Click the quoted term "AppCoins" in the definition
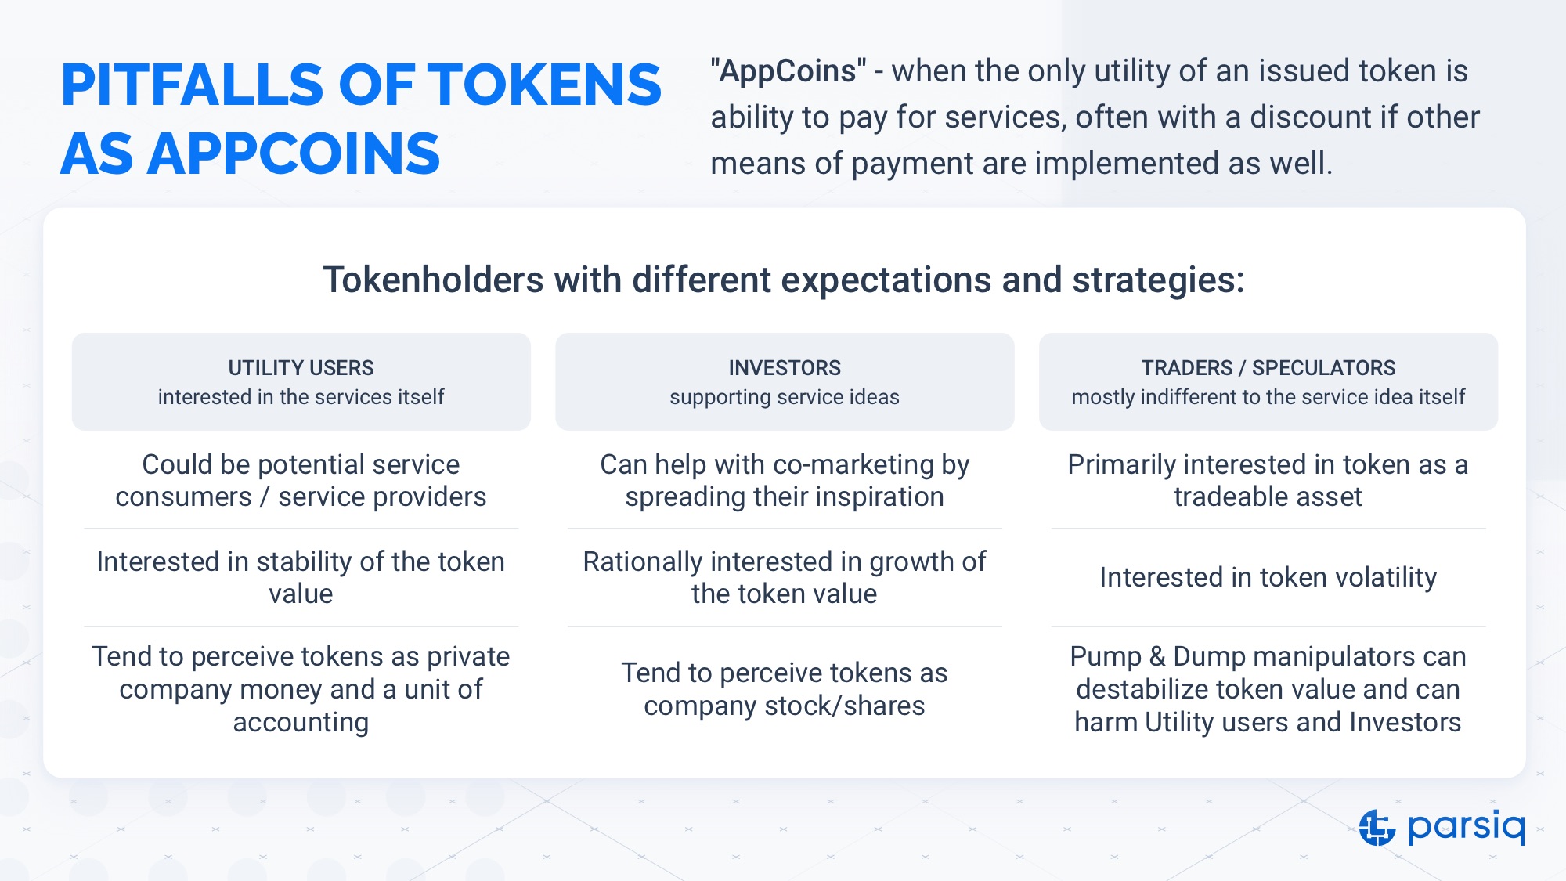tap(788, 70)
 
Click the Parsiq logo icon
tap(1377, 827)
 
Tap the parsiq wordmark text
tap(1467, 828)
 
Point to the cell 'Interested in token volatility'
tap(1268, 577)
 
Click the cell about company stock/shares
tap(785, 689)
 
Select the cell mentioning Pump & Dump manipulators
tap(1268, 689)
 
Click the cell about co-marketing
tap(785, 480)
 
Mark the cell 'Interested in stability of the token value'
tap(301, 577)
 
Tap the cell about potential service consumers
tap(301, 480)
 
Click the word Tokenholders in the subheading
tap(434, 280)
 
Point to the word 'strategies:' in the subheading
tap(1159, 280)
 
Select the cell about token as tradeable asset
tap(1268, 480)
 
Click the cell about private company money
tap(301, 689)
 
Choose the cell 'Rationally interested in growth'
tap(785, 577)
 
